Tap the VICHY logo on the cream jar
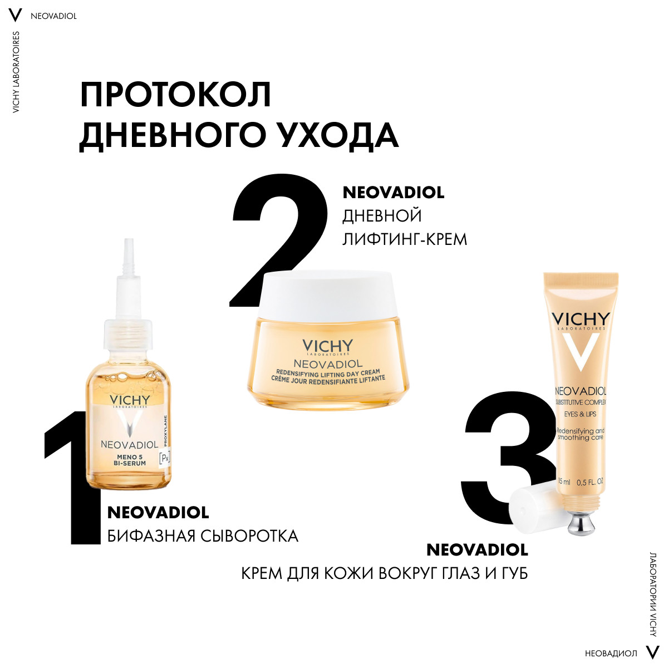[x=327, y=345]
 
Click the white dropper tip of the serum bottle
[x=129, y=256]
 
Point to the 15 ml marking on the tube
[x=564, y=482]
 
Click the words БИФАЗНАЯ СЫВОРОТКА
[x=203, y=536]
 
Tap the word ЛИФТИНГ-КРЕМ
[x=405, y=239]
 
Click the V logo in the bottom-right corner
[x=652, y=652]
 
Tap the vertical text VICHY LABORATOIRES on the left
[x=16, y=72]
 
